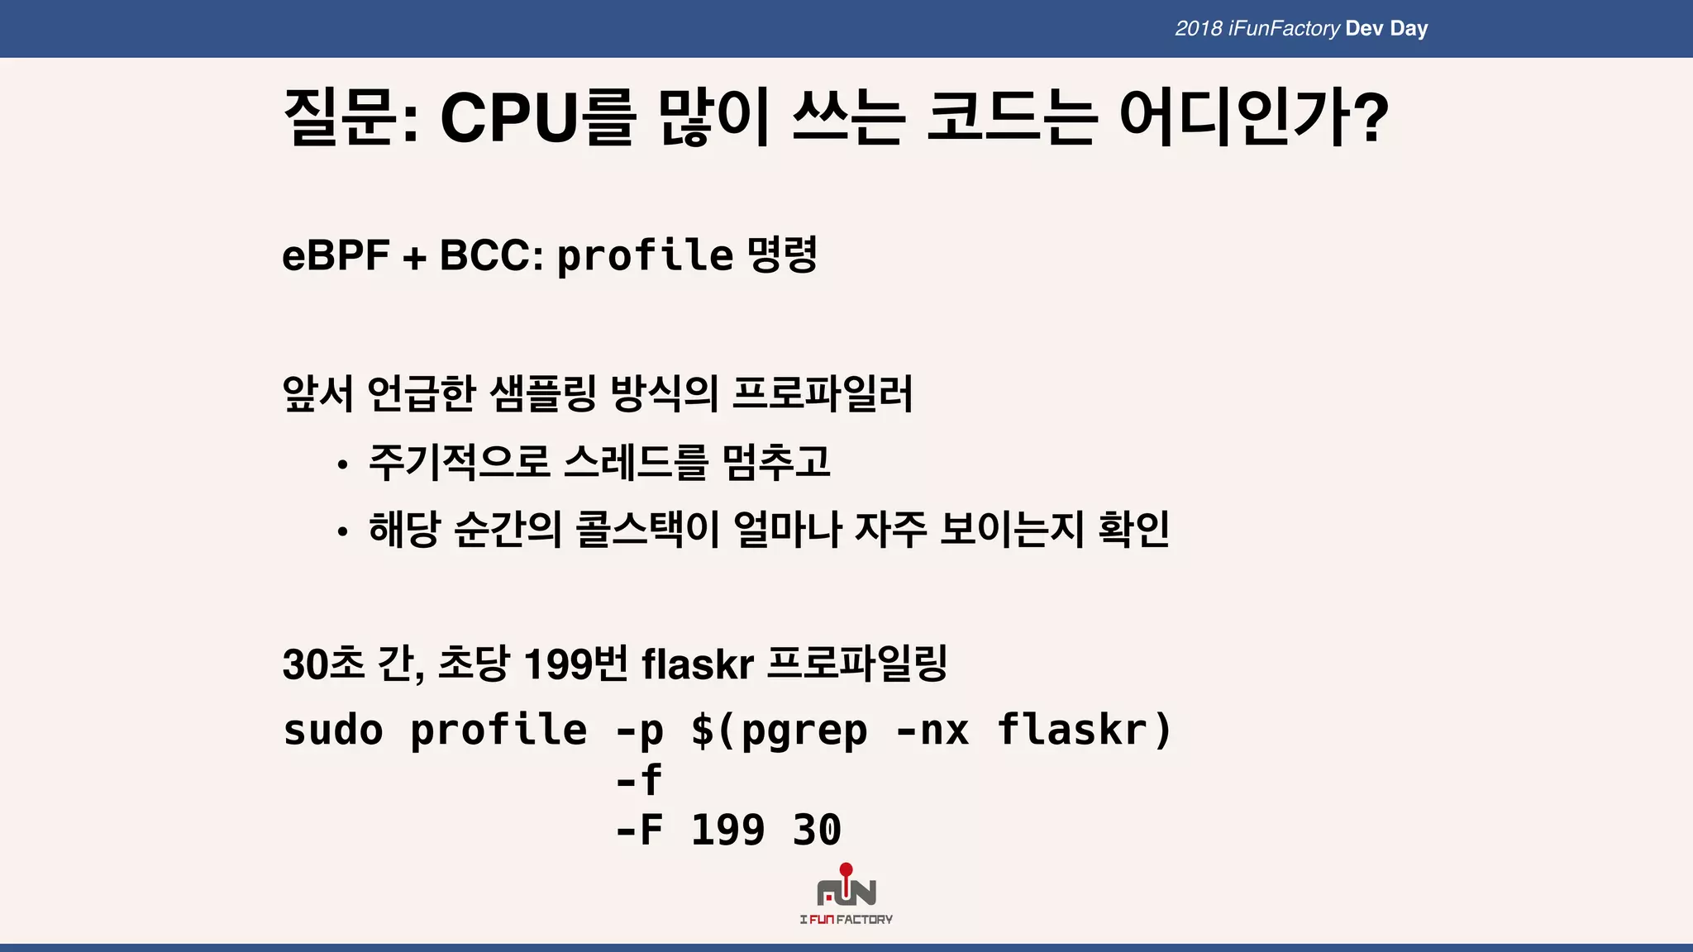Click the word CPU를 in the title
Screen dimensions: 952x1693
point(537,118)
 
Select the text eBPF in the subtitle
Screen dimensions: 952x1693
point(336,255)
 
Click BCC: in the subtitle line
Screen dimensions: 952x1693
point(491,255)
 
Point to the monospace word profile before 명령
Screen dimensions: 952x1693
point(645,255)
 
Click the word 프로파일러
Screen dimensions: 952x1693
point(823,393)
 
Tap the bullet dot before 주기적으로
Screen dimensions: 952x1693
point(342,465)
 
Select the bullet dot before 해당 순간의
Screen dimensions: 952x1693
point(342,532)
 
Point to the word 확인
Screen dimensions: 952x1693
point(1133,530)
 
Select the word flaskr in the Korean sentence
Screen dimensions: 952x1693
point(697,664)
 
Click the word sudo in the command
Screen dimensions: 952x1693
point(333,731)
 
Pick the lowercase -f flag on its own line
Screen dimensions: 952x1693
point(639,780)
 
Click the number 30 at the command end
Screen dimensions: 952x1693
point(817,830)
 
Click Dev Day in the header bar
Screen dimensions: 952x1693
point(1386,29)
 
